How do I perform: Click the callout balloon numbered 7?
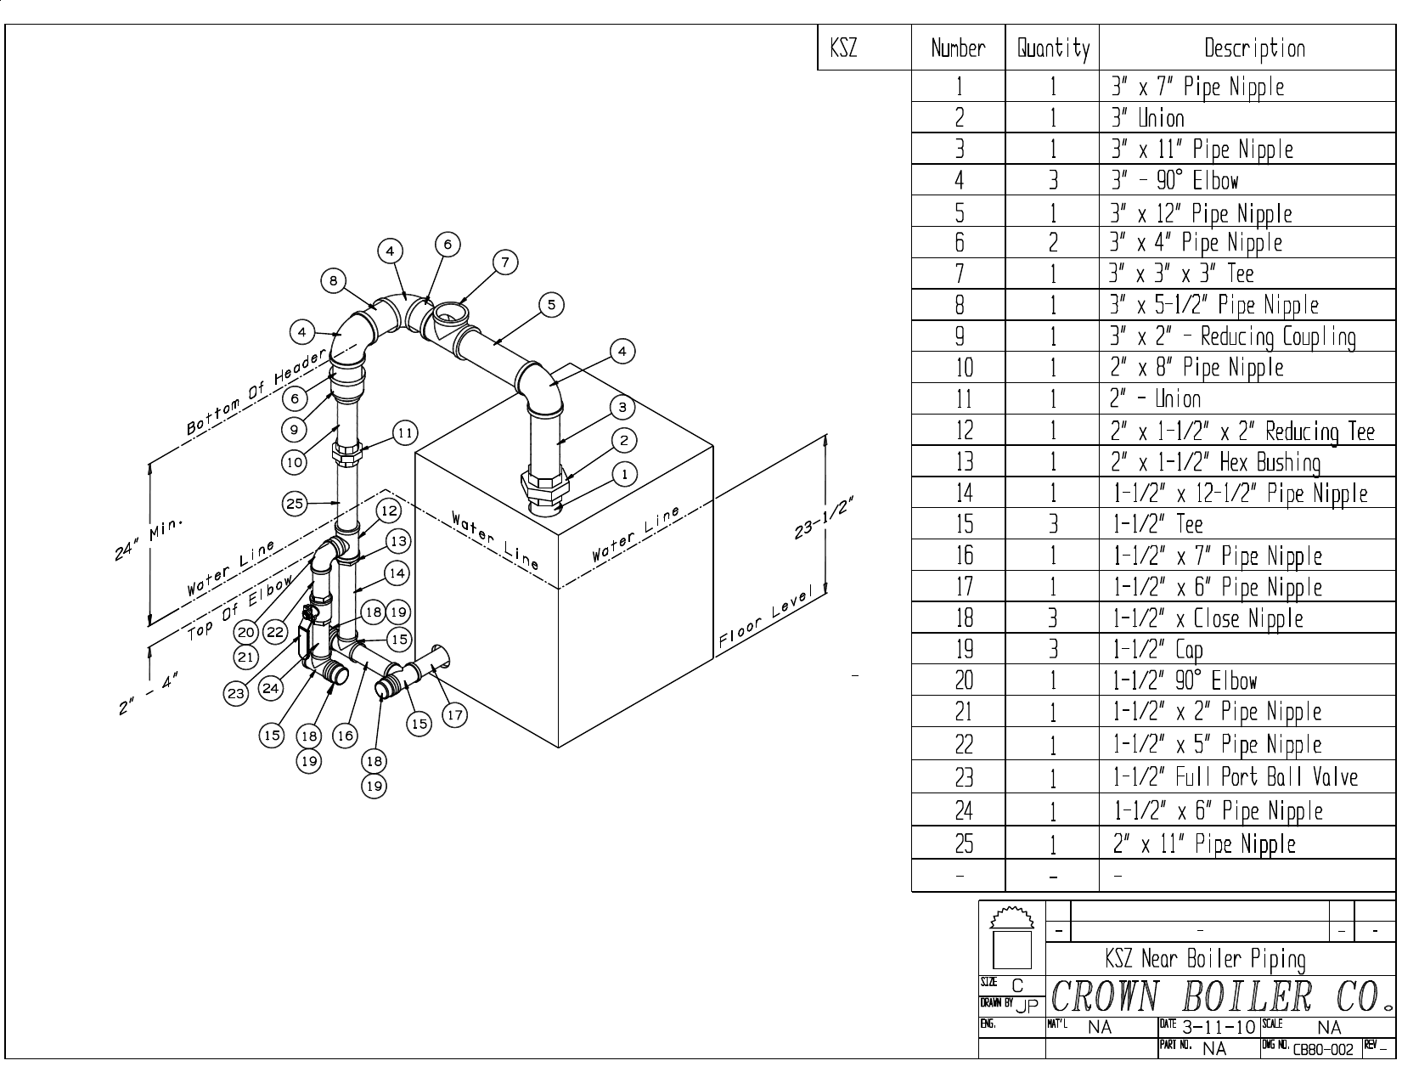(x=505, y=262)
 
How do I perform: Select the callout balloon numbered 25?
(x=294, y=504)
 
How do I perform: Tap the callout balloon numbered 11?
(x=405, y=434)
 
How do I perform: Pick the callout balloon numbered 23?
(x=235, y=694)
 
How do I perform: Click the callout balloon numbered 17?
(x=455, y=715)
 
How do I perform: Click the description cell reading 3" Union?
(x=1148, y=118)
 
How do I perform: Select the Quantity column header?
(x=1053, y=48)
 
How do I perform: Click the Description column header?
(x=1254, y=48)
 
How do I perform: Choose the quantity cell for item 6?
(x=1053, y=243)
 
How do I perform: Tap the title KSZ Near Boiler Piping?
(x=1206, y=960)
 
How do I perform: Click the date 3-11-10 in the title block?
(x=1219, y=1027)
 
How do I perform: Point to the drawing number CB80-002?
(x=1323, y=1049)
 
